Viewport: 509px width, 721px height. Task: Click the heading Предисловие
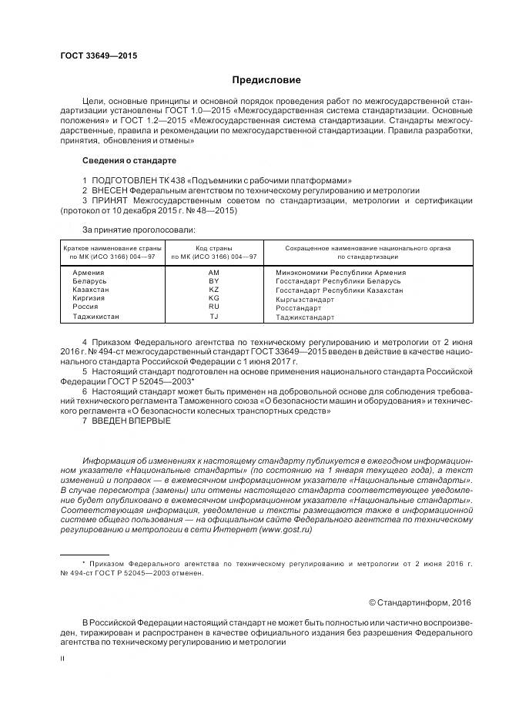pos(267,80)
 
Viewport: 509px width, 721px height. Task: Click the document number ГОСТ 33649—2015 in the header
pos(99,55)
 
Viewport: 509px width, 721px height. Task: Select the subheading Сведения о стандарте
pos(129,160)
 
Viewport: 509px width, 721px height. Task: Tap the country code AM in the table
pos(214,273)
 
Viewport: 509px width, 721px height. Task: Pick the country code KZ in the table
pos(214,290)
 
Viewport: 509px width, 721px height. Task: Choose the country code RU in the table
pos(214,307)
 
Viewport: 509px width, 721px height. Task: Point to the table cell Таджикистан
pos(96,317)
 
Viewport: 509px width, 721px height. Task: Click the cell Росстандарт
pos(298,307)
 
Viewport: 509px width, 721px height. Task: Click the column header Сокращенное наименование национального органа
pos(367,248)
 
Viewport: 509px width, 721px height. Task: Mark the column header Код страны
pos(214,248)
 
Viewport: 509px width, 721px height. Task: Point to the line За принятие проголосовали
pos(139,229)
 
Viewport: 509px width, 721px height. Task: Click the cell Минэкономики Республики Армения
pos(340,273)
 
